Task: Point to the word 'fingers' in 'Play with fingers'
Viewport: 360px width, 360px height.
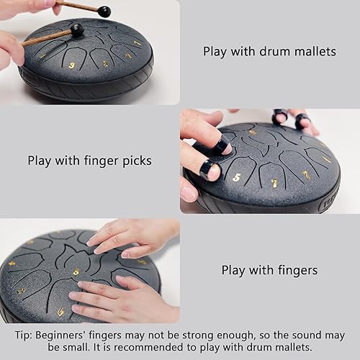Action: pos(295,271)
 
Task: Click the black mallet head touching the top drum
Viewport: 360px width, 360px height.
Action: pos(76,30)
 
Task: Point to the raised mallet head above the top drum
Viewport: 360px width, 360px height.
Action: pos(104,12)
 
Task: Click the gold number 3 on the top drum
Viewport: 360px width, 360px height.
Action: pos(71,66)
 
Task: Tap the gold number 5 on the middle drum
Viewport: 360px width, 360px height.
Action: pos(236,176)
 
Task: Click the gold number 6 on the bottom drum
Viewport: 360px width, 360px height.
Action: pos(60,312)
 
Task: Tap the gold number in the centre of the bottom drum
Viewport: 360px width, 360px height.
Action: pos(76,272)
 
